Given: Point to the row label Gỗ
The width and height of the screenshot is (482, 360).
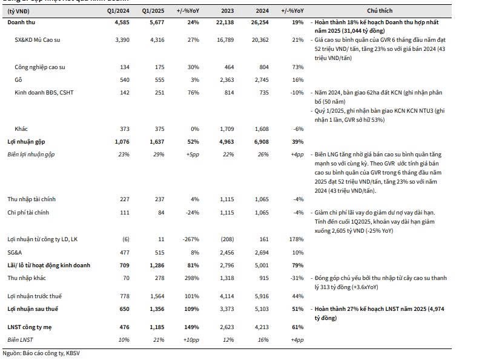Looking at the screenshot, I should click(18, 80).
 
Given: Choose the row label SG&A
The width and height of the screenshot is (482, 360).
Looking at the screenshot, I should click(15, 252).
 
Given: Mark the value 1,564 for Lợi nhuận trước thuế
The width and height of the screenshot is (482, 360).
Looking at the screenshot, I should click(154, 296).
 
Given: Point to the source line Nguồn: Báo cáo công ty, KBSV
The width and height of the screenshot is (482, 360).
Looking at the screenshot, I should click(41, 353).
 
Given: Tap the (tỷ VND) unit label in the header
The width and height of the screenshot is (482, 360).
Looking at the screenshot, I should click(20, 12).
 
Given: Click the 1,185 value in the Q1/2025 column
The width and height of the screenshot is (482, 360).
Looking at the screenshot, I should click(154, 328).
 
